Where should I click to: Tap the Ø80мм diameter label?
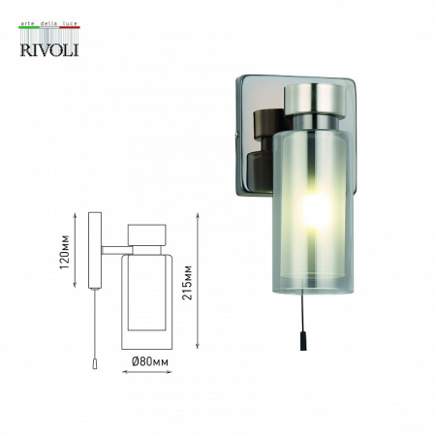pyautogui.click(x=151, y=361)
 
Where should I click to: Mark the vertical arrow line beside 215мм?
pyautogui.click(x=198, y=281)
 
